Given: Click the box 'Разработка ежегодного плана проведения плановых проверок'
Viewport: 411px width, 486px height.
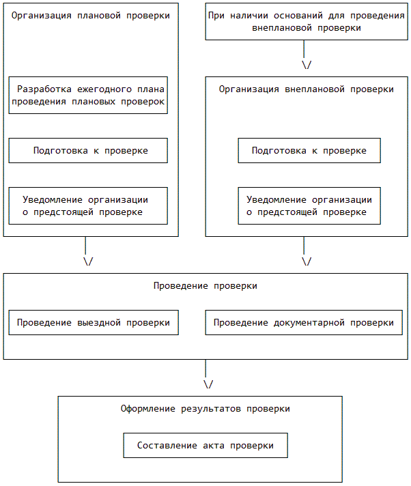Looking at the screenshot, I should pos(88,95).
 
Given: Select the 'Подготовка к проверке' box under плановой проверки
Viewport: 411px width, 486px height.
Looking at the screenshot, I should pos(88,150).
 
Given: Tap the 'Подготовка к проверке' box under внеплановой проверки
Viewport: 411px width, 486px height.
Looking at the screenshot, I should pos(309,150).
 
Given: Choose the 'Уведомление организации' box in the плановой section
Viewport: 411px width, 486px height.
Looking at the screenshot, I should pos(88,205).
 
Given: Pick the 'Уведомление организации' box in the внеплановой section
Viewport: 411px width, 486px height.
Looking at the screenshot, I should pos(309,205).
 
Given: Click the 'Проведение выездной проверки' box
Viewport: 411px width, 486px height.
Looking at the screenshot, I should pos(94,322).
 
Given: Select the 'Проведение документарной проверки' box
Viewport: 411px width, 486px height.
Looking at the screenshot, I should pos(304,322).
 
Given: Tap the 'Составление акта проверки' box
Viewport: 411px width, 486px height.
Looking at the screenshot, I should pos(205,445).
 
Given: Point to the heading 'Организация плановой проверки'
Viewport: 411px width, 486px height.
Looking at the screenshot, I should pos(91,15).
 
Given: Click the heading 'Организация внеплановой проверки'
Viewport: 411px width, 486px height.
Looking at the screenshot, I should pos(307,89).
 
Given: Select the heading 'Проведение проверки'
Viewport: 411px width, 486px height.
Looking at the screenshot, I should pos(205,285).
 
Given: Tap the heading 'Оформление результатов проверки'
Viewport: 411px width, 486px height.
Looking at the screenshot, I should pos(205,408).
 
